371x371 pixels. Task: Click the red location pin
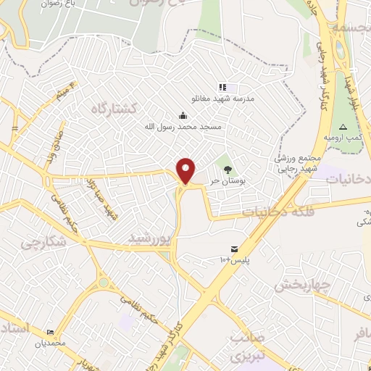(x=186, y=171)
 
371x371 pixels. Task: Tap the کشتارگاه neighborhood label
(x=114, y=108)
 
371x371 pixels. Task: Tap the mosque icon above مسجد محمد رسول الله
(x=183, y=114)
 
